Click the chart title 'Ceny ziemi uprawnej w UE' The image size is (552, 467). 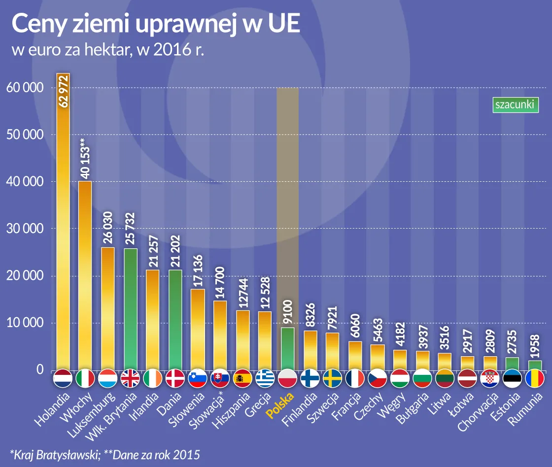coord(155,25)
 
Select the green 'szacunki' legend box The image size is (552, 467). coord(515,105)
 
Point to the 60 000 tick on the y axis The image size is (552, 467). coord(24,88)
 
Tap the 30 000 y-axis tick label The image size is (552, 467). coord(24,229)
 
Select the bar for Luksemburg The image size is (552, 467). coord(108,308)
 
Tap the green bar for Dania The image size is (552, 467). coord(175,320)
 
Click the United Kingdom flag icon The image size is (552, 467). coord(131,379)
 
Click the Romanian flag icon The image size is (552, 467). coord(535,379)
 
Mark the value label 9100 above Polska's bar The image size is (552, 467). coord(288,312)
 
